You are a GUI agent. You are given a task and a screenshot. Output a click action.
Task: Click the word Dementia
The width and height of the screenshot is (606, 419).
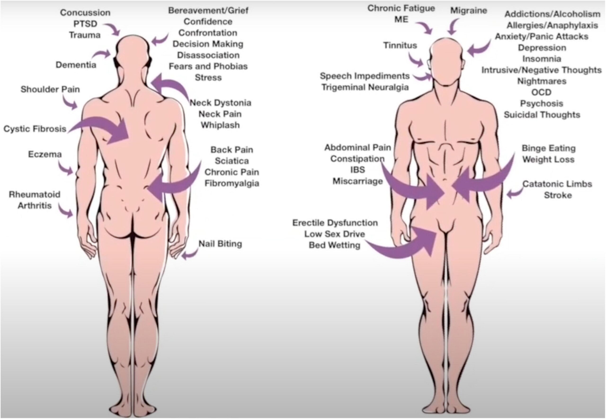click(76, 65)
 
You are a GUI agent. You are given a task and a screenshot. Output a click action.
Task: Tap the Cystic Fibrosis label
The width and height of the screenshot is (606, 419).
click(35, 129)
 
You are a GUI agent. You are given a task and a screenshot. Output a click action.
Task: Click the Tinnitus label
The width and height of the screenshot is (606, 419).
click(400, 46)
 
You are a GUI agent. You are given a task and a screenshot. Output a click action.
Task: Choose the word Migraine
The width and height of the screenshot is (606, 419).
click(469, 10)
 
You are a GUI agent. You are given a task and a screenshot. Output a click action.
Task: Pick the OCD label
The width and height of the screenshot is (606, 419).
click(541, 92)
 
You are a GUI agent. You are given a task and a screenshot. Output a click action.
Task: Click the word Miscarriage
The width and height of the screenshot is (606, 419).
click(358, 181)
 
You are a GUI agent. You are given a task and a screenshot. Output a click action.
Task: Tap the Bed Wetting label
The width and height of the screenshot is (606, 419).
click(334, 245)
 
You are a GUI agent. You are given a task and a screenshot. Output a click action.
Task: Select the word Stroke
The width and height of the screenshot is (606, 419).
click(558, 195)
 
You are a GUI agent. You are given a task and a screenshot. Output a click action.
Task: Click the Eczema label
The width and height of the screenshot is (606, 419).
click(45, 154)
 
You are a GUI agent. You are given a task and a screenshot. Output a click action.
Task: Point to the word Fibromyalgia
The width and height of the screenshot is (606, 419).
click(232, 183)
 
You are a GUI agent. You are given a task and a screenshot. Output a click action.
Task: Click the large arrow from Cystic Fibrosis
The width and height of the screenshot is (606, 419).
click(105, 129)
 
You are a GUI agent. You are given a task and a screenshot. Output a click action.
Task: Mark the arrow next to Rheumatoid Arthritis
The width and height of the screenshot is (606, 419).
click(66, 211)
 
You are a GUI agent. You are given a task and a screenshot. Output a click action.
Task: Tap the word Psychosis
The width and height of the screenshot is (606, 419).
click(541, 104)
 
